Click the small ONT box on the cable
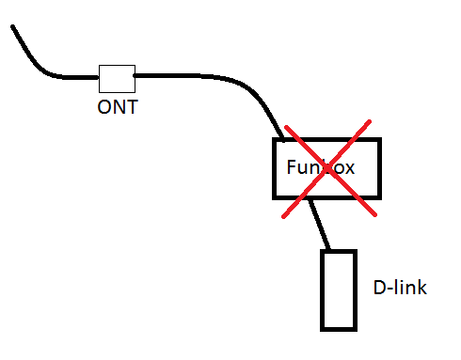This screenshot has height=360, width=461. tap(117, 78)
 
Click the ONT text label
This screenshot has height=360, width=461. tap(118, 106)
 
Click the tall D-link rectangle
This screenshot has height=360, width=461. tap(339, 290)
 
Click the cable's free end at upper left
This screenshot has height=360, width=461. tap(13, 27)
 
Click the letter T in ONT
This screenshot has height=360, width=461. tap(132, 106)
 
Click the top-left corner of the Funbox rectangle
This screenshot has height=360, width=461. tap(275, 141)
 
